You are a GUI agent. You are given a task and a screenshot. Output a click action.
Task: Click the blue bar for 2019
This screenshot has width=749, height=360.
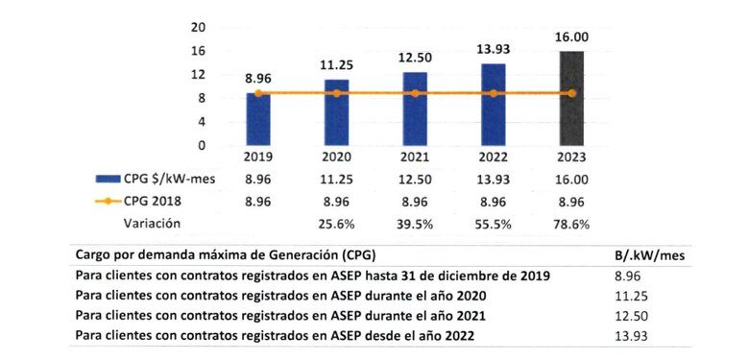(258, 119)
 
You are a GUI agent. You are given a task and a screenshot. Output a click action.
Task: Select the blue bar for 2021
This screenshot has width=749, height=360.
(415, 108)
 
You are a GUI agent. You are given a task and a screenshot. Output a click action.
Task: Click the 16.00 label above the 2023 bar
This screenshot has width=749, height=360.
(571, 36)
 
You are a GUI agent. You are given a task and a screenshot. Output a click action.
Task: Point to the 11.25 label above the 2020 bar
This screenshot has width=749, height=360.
(336, 64)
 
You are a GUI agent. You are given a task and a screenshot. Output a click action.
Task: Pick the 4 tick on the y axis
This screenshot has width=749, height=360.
(203, 122)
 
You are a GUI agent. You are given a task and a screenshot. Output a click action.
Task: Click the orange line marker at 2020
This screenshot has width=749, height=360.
(336, 93)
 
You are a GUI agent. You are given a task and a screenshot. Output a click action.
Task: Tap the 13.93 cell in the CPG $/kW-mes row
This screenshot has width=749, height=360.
(493, 179)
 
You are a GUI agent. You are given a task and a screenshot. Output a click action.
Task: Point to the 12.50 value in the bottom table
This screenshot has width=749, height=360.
(630, 315)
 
